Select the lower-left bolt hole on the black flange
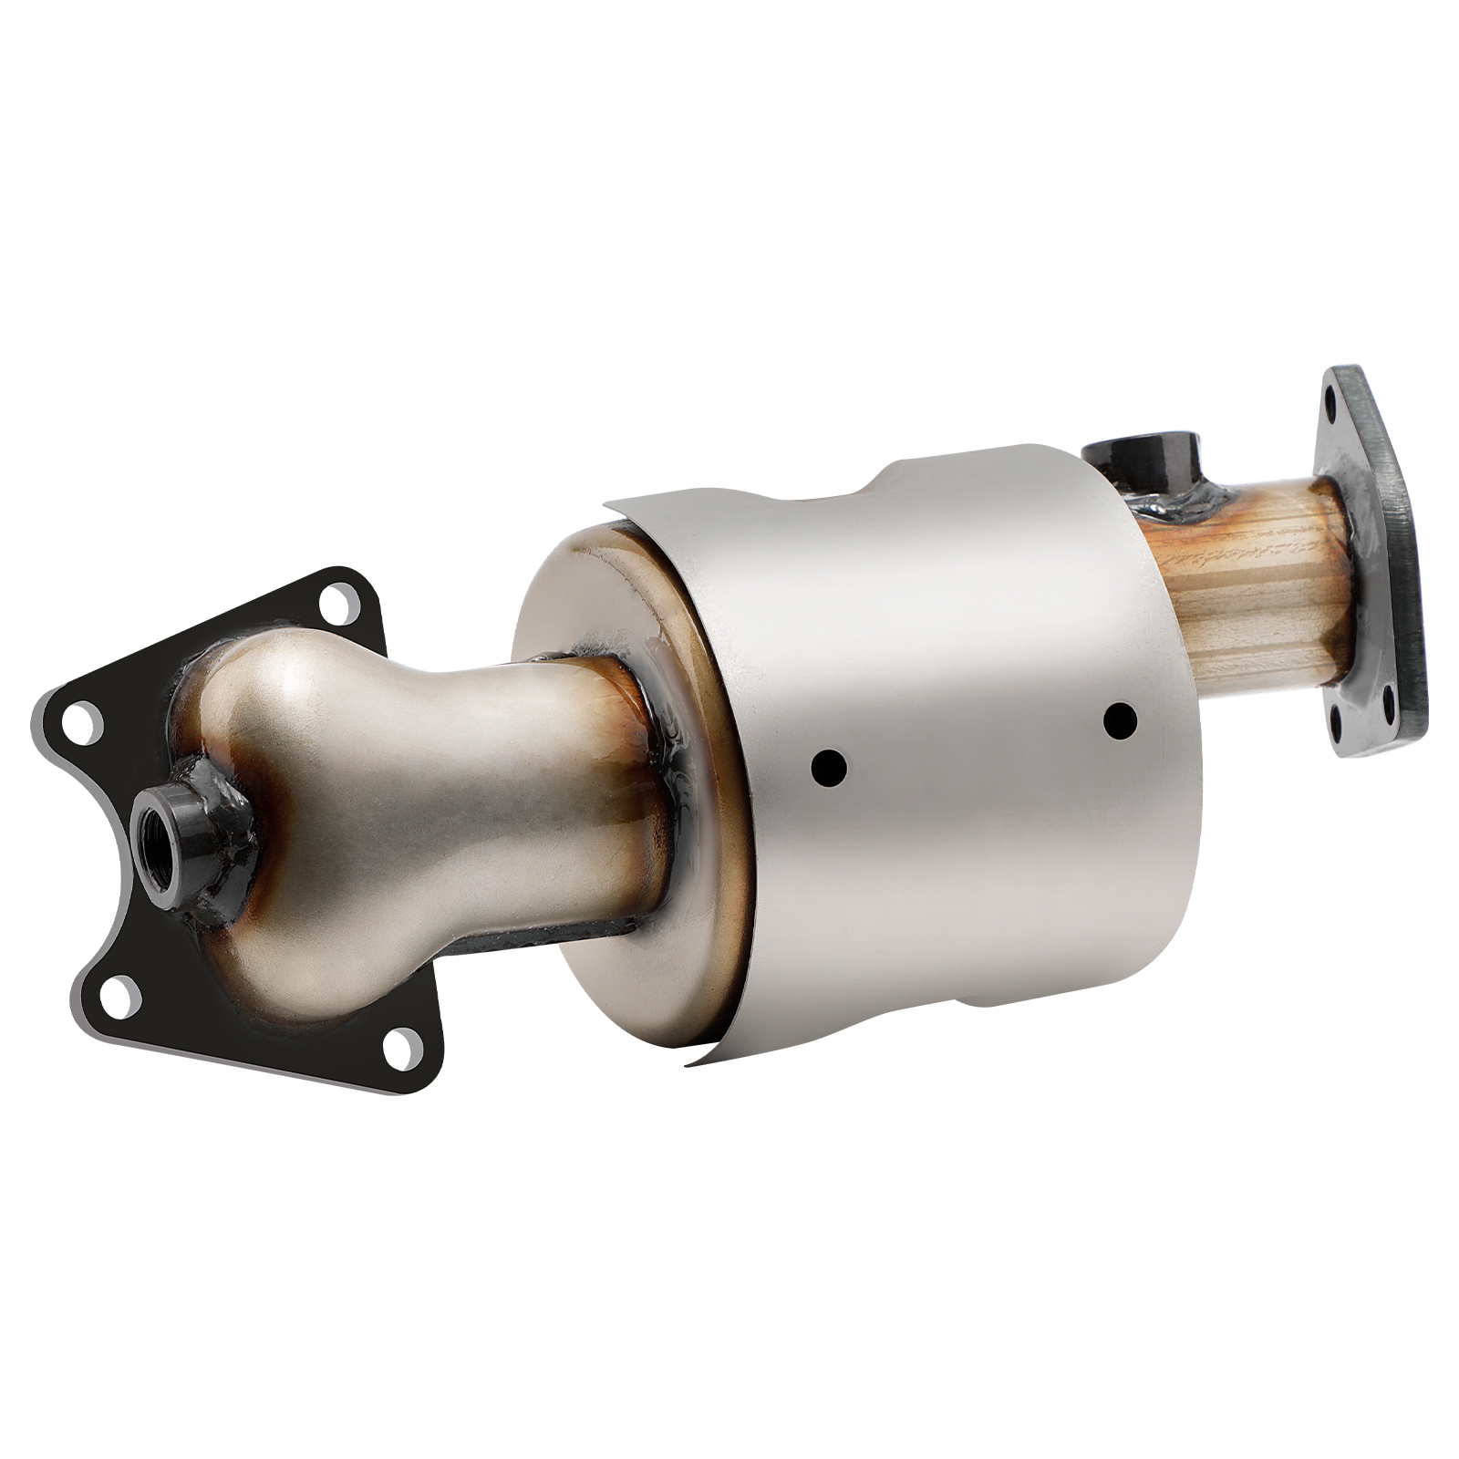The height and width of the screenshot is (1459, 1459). [121, 996]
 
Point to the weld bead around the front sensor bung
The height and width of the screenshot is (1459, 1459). [222, 799]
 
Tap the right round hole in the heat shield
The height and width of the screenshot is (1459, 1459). [1119, 721]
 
